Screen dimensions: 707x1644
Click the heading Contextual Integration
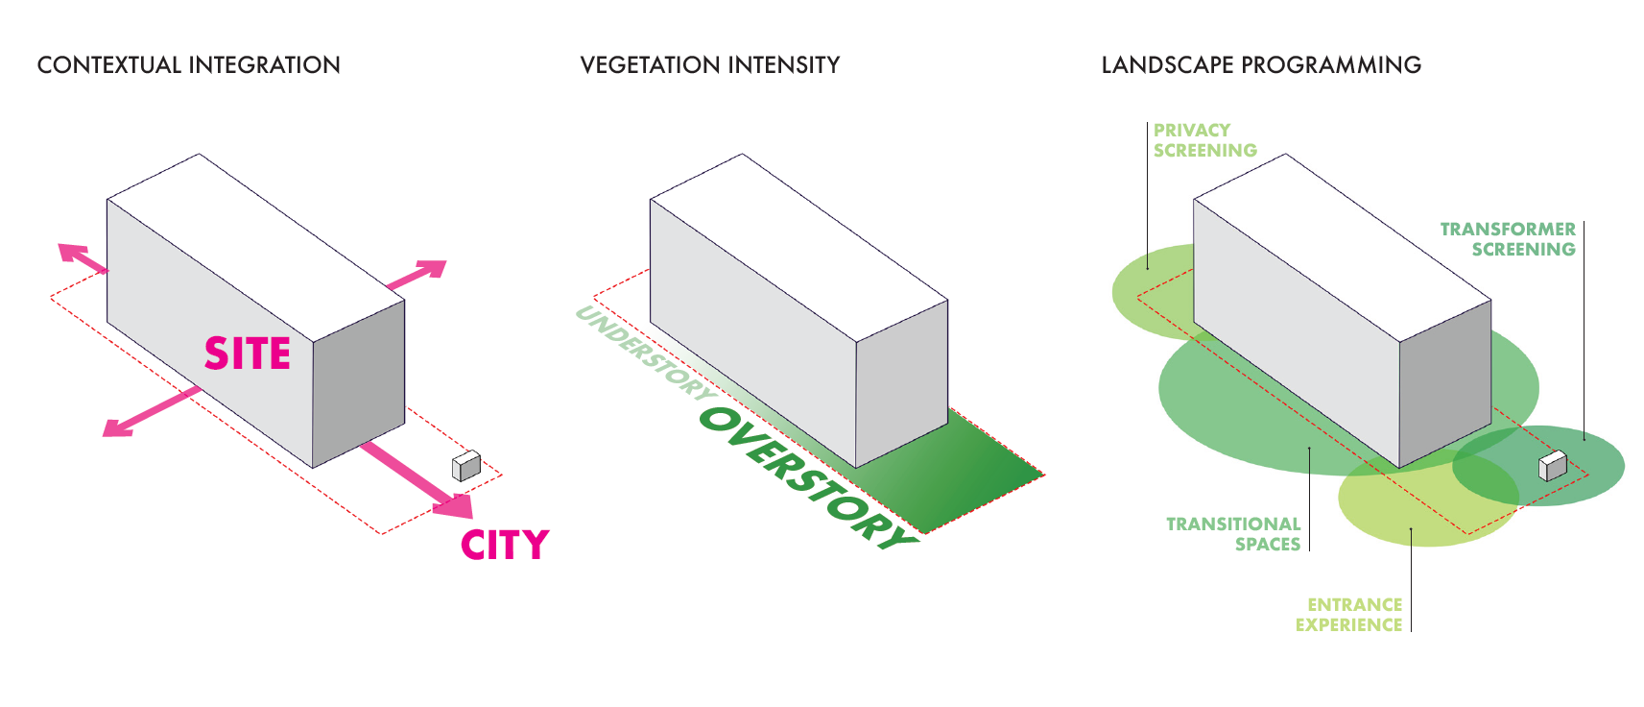pyautogui.click(x=188, y=65)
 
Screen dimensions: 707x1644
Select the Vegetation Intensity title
pyautogui.click(x=709, y=65)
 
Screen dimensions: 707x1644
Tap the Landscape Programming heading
pyautogui.click(x=1260, y=65)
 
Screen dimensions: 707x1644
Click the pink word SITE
pyautogui.click(x=248, y=354)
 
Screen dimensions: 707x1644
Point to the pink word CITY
pyautogui.click(x=505, y=546)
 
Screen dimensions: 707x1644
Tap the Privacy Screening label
pyautogui.click(x=1204, y=140)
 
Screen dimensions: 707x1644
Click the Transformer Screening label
pyautogui.click(x=1508, y=239)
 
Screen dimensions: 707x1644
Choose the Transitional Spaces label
pyautogui.click(x=1233, y=534)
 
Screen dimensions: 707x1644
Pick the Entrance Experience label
pyautogui.click(x=1348, y=615)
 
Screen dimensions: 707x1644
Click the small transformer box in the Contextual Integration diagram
pyautogui.click(x=465, y=466)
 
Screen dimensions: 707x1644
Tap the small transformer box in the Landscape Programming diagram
pyautogui.click(x=1552, y=466)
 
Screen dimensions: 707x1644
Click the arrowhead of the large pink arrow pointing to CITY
pyautogui.click(x=455, y=504)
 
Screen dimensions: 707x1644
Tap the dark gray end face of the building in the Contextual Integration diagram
pyautogui.click(x=359, y=384)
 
